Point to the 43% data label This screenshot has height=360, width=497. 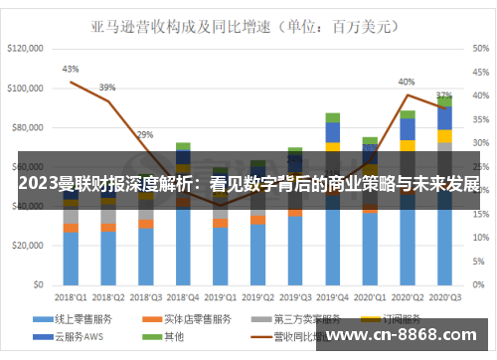click(71, 69)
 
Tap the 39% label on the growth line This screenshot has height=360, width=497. click(107, 87)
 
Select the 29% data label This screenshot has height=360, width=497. click(145, 134)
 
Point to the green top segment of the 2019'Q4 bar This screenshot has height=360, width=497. click(332, 117)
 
